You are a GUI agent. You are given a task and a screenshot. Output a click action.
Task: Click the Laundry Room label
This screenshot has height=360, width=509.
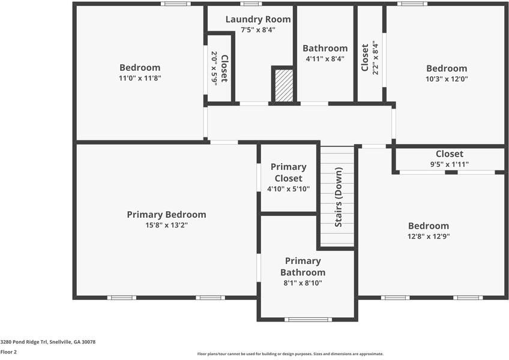tap(258, 19)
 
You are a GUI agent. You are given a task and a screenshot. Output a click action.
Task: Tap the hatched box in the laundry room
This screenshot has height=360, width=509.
tap(284, 85)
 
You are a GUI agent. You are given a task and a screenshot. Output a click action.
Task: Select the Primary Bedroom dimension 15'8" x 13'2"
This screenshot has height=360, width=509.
tap(166, 225)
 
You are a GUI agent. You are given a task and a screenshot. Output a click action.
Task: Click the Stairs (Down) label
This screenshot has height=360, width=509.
tap(339, 197)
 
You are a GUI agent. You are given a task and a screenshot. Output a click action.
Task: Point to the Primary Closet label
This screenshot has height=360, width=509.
tap(289, 172)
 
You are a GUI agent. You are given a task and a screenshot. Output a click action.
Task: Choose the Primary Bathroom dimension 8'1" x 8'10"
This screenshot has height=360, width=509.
tap(303, 283)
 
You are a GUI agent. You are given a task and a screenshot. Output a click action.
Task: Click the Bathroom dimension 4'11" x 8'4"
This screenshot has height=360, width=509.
tap(325, 59)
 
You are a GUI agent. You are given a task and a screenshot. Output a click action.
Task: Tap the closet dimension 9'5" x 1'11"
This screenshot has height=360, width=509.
tap(450, 164)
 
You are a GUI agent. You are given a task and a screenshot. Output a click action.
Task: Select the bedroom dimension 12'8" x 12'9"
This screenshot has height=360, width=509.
tap(429, 236)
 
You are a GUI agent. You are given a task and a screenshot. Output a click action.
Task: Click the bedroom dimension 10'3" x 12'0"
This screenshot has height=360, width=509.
tap(447, 79)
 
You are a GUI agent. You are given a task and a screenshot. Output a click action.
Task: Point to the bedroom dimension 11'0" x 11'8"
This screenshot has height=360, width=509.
tap(140, 78)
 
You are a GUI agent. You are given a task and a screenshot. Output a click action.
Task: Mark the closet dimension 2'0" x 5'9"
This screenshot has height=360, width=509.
tap(214, 68)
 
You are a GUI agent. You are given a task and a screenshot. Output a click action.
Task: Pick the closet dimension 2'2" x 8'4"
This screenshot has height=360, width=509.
tap(376, 58)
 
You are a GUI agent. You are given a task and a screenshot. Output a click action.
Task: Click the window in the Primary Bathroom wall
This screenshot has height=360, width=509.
tap(308, 319)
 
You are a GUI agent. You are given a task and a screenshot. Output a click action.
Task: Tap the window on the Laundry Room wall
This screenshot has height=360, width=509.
tap(251, 4)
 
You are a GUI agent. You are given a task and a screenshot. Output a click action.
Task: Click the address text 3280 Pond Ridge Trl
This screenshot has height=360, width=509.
tap(24, 342)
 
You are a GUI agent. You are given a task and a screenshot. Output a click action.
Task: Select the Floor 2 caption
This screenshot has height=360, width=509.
tap(8, 352)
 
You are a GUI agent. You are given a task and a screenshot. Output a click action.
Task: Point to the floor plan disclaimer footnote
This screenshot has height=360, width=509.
tap(291, 354)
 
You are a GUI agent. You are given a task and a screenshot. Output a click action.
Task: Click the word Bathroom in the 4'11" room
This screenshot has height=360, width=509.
tap(325, 48)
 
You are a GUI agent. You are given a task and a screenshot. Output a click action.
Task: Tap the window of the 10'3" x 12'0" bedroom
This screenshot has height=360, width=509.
tap(412, 4)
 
